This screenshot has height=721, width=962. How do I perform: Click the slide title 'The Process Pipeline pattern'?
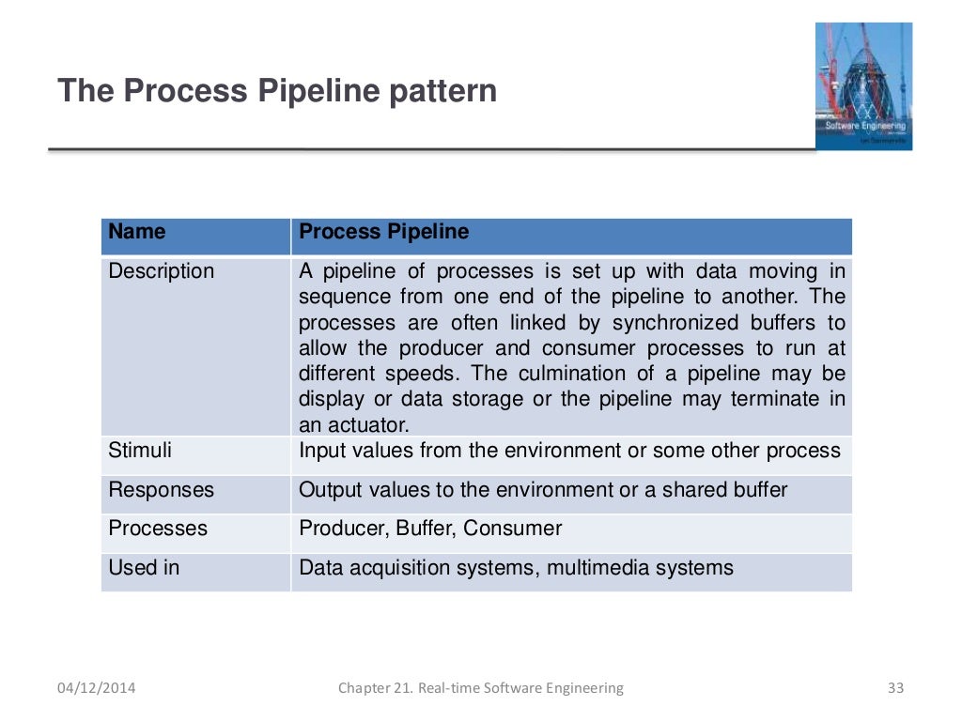pyautogui.click(x=277, y=92)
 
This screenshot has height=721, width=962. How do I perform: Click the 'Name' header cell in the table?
pyautogui.click(x=137, y=232)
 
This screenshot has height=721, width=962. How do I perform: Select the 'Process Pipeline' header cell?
pyautogui.click(x=383, y=232)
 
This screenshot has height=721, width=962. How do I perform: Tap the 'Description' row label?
pyautogui.click(x=162, y=271)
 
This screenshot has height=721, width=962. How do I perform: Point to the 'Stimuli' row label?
pyautogui.click(x=140, y=451)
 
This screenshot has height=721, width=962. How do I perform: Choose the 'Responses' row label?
pyautogui.click(x=162, y=490)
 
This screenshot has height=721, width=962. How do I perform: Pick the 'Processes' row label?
pyautogui.click(x=158, y=529)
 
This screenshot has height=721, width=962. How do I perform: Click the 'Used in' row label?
pyautogui.click(x=144, y=568)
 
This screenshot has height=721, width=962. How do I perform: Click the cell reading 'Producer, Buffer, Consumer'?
pyautogui.click(x=430, y=529)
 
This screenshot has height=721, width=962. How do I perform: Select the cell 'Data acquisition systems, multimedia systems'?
pyautogui.click(x=516, y=568)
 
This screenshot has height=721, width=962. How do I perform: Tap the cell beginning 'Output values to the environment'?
pyautogui.click(x=543, y=490)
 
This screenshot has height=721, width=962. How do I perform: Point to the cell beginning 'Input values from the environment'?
pyautogui.click(x=569, y=451)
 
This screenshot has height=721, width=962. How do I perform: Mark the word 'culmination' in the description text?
pyautogui.click(x=596, y=374)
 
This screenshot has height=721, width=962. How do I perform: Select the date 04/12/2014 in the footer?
pyautogui.click(x=96, y=688)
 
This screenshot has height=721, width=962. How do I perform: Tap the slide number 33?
pyautogui.click(x=894, y=688)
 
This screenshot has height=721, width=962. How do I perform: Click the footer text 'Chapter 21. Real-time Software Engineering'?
pyautogui.click(x=480, y=688)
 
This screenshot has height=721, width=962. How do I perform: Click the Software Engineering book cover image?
pyautogui.click(x=862, y=85)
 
